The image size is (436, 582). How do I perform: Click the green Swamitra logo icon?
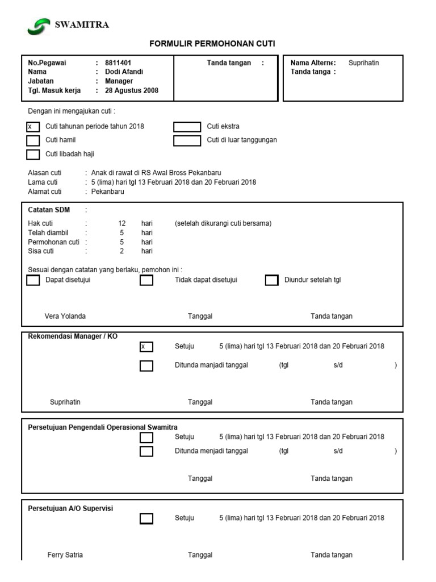(x=39, y=26)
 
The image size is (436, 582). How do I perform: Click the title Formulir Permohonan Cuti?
(x=212, y=44)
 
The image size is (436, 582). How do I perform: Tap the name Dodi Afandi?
(x=124, y=72)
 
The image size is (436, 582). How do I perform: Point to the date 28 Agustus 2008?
(x=132, y=90)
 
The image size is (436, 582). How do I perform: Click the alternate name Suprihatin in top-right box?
(x=363, y=63)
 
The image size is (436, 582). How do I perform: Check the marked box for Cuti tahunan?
(x=33, y=127)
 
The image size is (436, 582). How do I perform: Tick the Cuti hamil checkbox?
(x=33, y=140)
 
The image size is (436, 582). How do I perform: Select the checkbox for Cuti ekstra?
(x=187, y=127)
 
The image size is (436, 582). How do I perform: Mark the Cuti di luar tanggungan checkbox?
(x=187, y=140)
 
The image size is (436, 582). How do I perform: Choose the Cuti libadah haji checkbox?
(x=33, y=154)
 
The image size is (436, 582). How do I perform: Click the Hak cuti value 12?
(x=121, y=223)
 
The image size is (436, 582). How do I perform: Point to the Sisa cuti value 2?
(x=121, y=251)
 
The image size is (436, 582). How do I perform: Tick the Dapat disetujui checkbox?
(x=33, y=280)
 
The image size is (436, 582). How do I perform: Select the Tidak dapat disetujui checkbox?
(x=146, y=280)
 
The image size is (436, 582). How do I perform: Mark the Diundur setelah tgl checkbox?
(x=272, y=280)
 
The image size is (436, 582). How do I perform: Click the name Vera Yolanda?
(x=65, y=316)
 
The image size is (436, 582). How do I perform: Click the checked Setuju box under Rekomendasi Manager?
(x=146, y=347)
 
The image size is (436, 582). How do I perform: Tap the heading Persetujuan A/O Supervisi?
(x=70, y=508)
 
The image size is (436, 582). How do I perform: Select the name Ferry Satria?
(x=65, y=555)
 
